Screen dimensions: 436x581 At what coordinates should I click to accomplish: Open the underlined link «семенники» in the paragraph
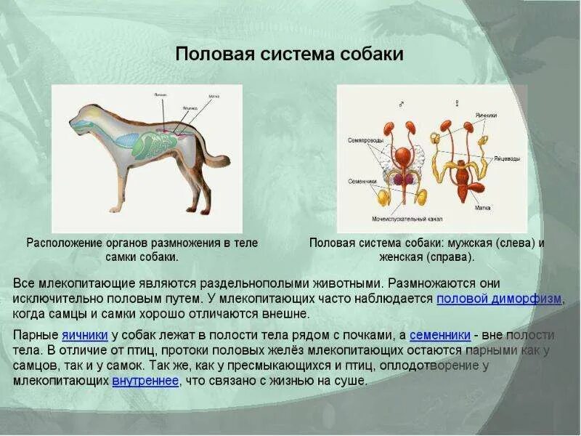coord(440,335)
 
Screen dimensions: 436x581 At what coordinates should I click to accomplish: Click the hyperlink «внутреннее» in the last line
coord(145,381)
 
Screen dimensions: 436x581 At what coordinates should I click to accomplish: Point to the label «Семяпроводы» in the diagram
coord(364,140)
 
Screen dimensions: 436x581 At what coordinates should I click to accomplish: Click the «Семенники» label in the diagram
coord(362,181)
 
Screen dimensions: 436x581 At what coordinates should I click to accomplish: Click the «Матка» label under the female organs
coord(482,208)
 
